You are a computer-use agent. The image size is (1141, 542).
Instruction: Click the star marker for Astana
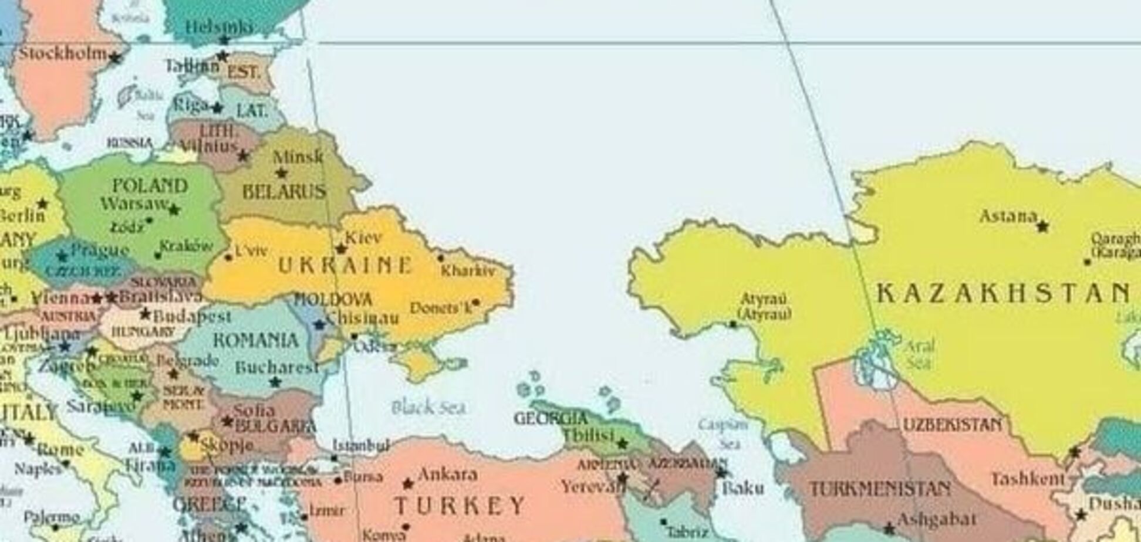pyautogui.click(x=1042, y=226)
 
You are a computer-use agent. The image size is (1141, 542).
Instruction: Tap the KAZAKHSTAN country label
pyautogui.click(x=1004, y=293)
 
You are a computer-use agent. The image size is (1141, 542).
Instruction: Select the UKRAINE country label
pyautogui.click(x=345, y=265)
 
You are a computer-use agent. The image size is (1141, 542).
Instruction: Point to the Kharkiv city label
pyautogui.click(x=468, y=270)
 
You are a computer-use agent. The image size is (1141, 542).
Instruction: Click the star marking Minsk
pyautogui.click(x=281, y=173)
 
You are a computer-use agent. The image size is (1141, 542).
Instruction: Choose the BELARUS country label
pyautogui.click(x=284, y=192)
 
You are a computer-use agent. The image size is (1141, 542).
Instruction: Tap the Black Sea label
pyautogui.click(x=428, y=407)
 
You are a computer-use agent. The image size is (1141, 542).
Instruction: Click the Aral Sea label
pyautogui.click(x=919, y=354)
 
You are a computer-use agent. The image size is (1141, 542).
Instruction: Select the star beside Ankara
pyautogui.click(x=408, y=484)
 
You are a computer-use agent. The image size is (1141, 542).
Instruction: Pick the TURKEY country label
pyautogui.click(x=460, y=505)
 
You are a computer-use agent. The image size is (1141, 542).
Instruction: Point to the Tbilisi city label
pyautogui.click(x=588, y=436)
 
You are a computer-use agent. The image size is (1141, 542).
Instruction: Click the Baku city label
pyautogui.click(x=742, y=487)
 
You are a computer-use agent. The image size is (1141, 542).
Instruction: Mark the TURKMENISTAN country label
pyautogui.click(x=880, y=489)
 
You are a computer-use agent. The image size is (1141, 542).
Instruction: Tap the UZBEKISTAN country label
pyautogui.click(x=952, y=425)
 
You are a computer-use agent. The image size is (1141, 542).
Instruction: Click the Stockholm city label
pyautogui.click(x=63, y=53)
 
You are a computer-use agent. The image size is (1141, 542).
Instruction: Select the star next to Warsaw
pyautogui.click(x=174, y=209)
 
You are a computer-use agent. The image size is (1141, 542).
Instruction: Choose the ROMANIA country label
pyautogui.click(x=255, y=340)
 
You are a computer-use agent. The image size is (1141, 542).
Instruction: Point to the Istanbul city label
pyautogui.click(x=361, y=446)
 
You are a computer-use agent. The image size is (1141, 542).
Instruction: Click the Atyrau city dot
pyautogui.click(x=732, y=324)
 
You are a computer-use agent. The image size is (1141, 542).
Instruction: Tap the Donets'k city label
pyautogui.click(x=441, y=307)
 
